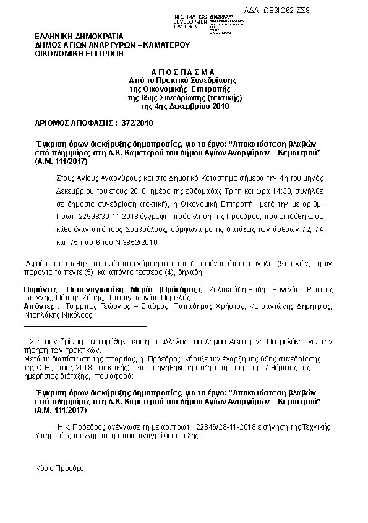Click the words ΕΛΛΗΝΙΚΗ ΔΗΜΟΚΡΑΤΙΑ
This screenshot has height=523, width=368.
pos(80,36)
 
